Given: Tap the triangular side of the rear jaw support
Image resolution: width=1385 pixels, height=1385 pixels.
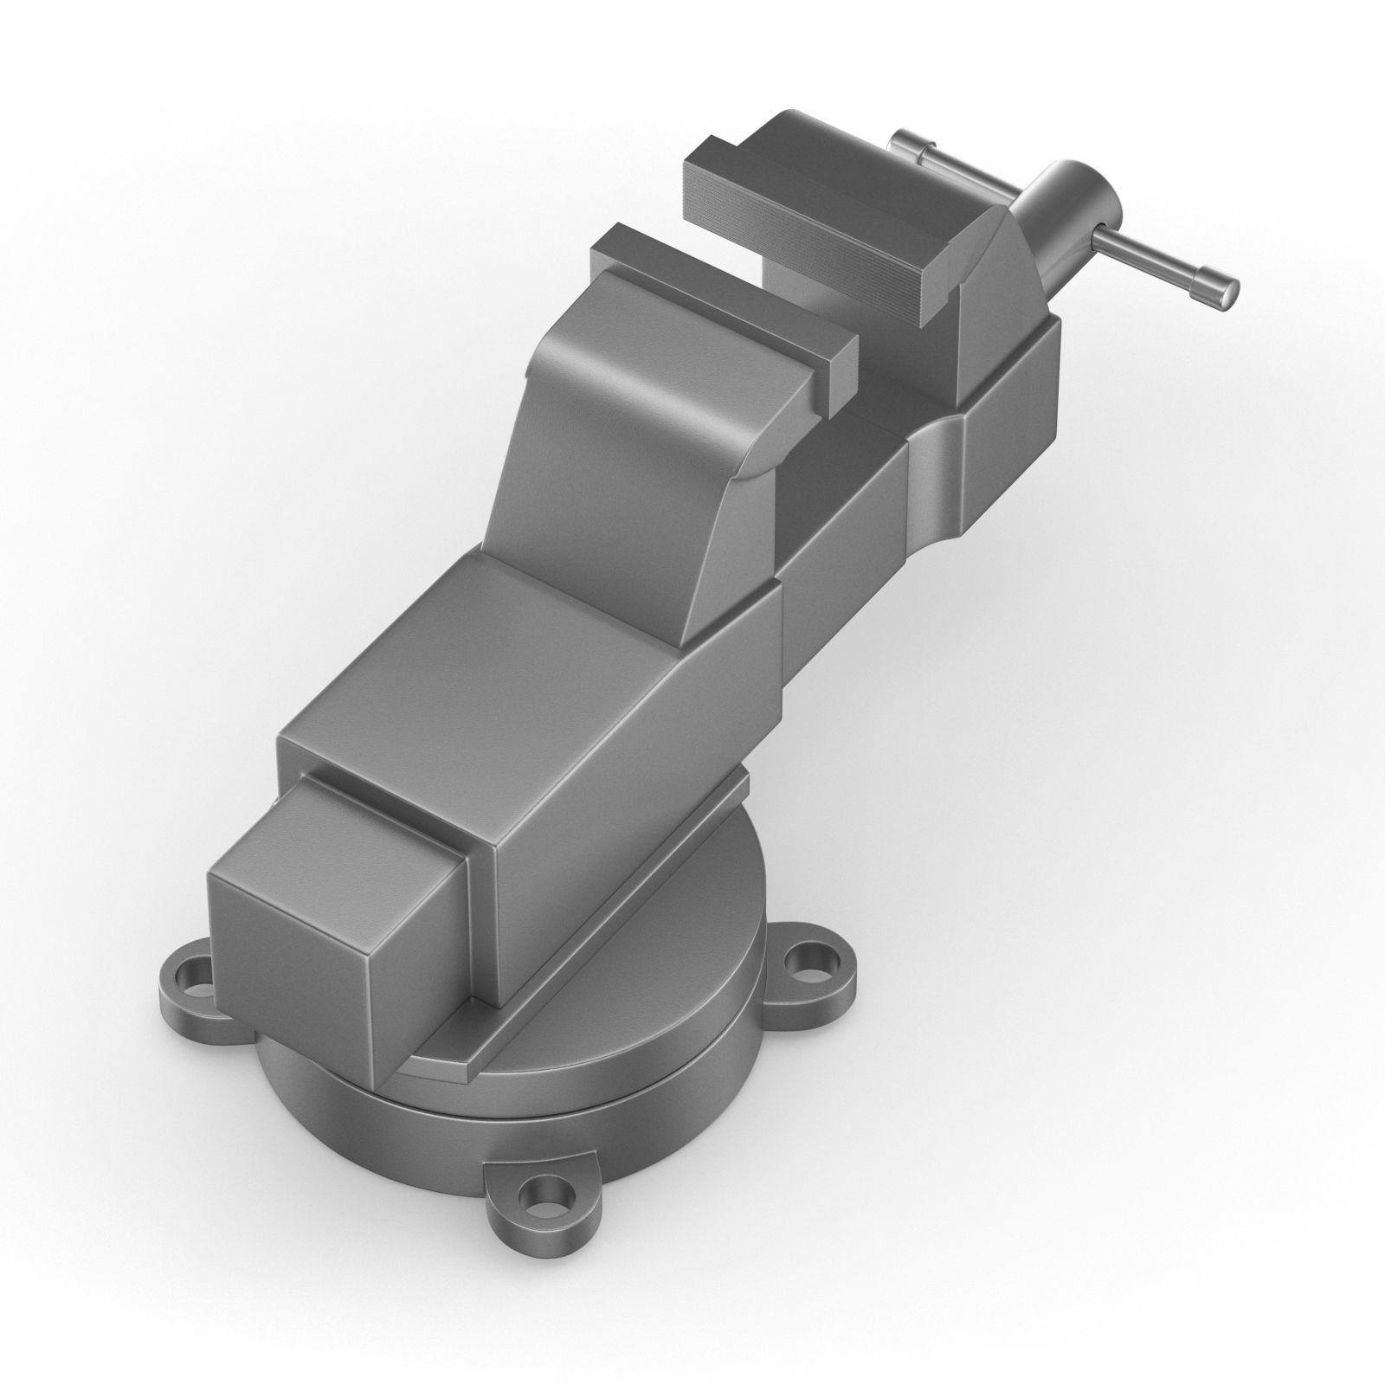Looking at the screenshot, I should [995, 286].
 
